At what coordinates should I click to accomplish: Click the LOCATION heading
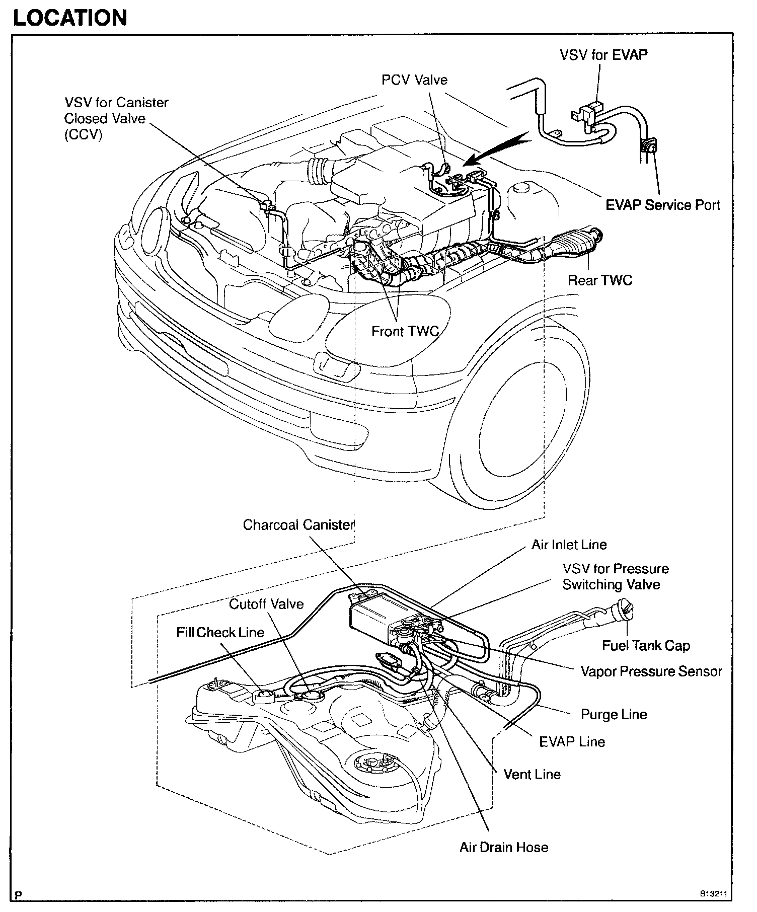tap(69, 18)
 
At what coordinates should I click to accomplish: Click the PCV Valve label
tap(414, 80)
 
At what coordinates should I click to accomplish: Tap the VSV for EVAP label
tap(603, 55)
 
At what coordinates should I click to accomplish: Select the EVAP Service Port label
tap(662, 205)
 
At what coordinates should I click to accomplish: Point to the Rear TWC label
tap(599, 280)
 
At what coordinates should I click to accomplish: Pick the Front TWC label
tap(405, 331)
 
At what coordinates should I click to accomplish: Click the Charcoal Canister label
tap(299, 525)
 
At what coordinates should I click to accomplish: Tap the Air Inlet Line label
tap(569, 545)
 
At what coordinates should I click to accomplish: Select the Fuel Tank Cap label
tap(646, 646)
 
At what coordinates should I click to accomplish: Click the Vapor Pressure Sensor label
tap(651, 671)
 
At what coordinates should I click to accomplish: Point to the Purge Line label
tap(614, 715)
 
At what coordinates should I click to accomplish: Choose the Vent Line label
tap(532, 774)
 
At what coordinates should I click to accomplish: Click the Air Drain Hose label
tap(503, 847)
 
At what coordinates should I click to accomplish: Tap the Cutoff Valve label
tap(266, 604)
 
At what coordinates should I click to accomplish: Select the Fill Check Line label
tap(220, 632)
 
